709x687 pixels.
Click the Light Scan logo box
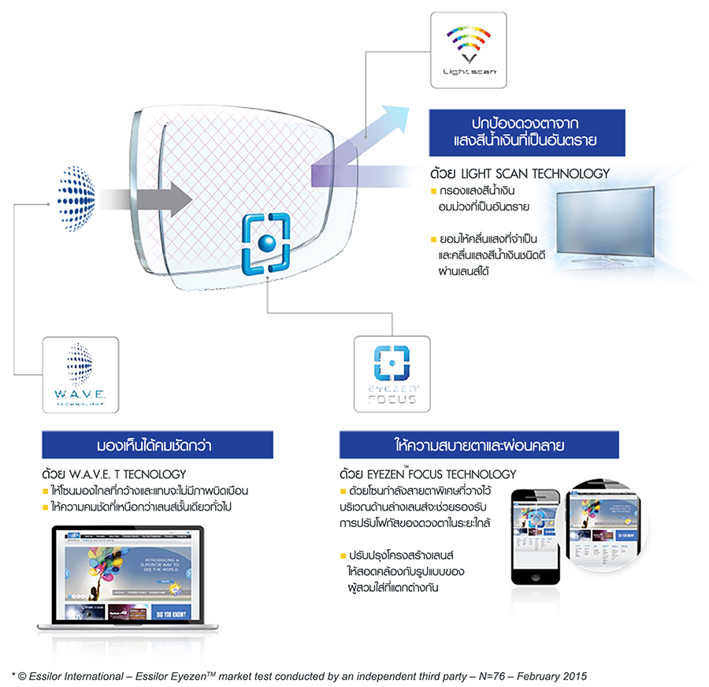coord(468,49)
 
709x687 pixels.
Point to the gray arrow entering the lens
coord(148,196)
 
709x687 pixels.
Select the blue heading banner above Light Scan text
coord(527,133)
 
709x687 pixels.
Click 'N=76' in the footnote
coord(467,675)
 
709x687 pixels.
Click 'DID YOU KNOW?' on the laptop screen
coord(169,611)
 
